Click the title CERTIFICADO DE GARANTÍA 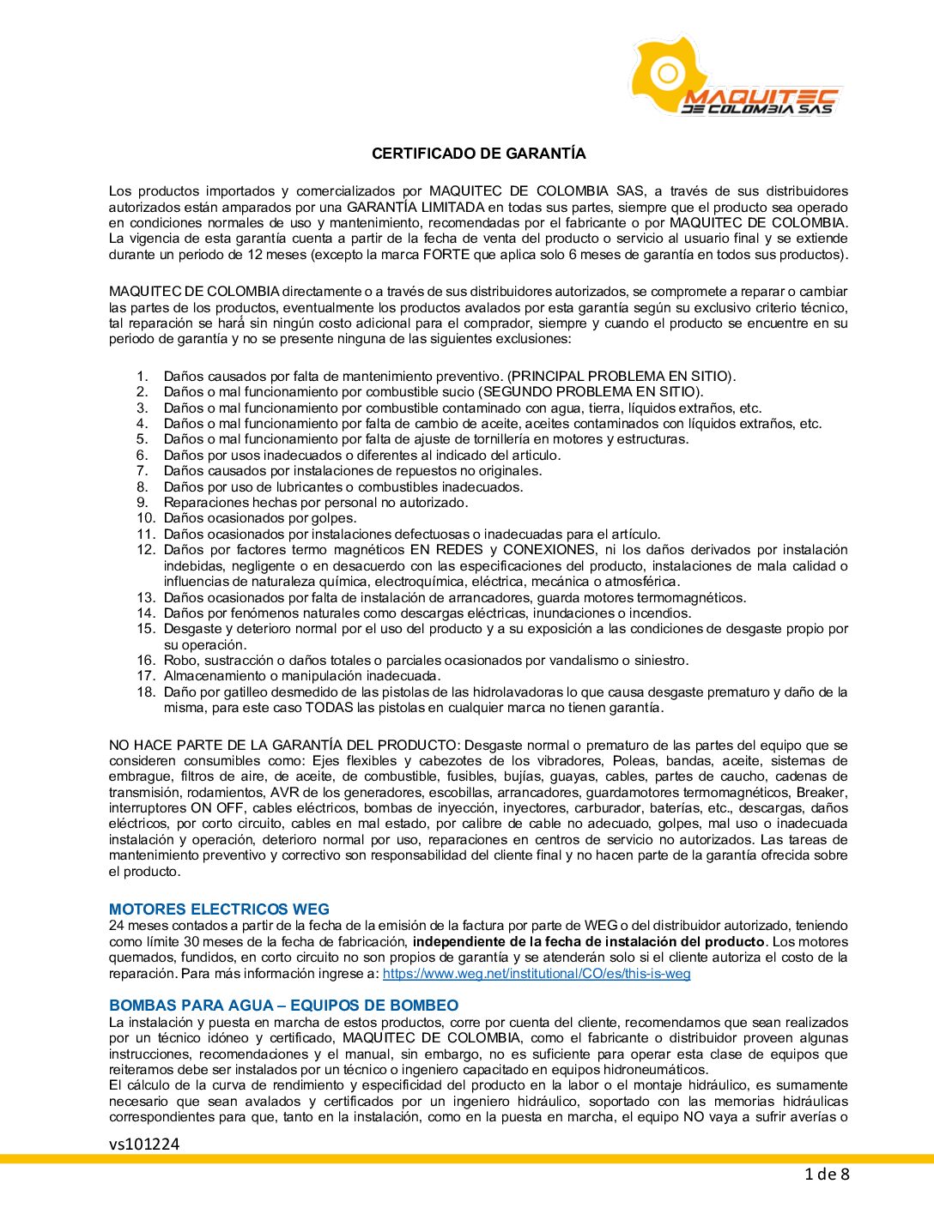(x=478, y=154)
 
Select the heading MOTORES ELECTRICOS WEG (x=219, y=909)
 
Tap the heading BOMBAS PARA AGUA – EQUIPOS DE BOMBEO (x=283, y=1006)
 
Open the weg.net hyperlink (x=537, y=974)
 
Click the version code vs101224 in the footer (x=144, y=1144)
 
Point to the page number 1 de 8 (x=827, y=1175)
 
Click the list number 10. (x=146, y=518)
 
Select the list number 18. (x=146, y=692)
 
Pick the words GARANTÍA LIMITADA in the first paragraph (x=415, y=208)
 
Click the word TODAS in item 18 (x=329, y=708)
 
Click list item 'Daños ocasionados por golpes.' (x=260, y=518)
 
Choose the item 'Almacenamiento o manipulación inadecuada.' (x=302, y=676)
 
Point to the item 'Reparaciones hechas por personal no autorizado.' (x=316, y=503)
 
